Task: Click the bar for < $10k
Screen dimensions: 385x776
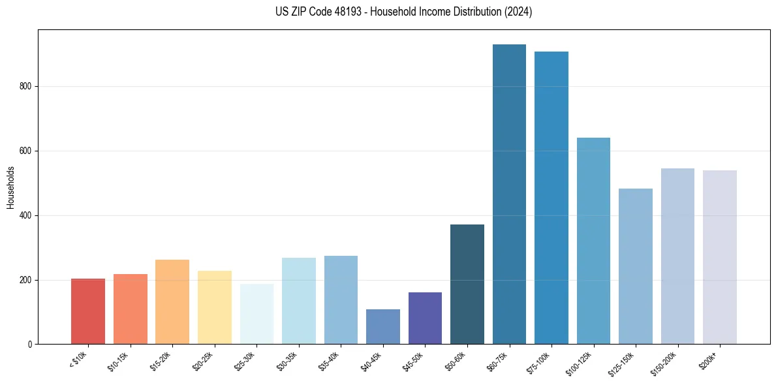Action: tap(88, 311)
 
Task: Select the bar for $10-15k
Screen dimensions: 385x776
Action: tap(131, 309)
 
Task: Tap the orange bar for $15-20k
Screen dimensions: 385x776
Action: tap(172, 301)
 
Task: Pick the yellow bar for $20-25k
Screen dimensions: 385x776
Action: tap(215, 307)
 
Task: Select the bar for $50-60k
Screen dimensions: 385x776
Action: tap(467, 284)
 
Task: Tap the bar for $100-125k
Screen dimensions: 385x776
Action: tap(593, 241)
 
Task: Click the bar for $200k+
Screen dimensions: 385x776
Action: tap(720, 257)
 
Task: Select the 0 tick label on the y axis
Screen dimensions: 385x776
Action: tap(31, 344)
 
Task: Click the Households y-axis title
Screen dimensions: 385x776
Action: tap(10, 187)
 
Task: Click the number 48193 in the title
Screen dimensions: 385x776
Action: tap(337, 12)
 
